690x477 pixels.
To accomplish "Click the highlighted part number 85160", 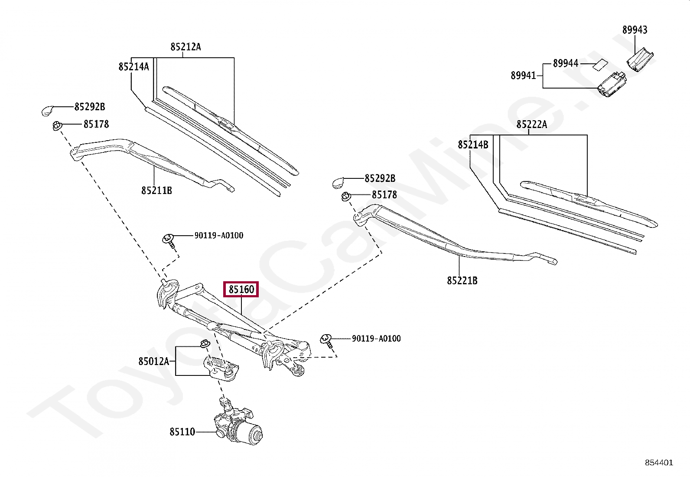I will coord(241,289).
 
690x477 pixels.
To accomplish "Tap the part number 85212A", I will coord(186,47).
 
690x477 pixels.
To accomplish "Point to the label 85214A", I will coord(133,66).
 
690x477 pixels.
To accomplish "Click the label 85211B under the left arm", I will coord(156,191).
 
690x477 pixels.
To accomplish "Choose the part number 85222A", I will coord(531,125).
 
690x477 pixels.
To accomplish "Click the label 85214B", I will coord(473,145).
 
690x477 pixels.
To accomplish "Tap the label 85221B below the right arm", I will coord(462,281).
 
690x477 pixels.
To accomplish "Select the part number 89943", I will coord(635,30).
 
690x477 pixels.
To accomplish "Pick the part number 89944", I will coord(565,63).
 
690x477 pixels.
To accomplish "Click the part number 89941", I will coord(523,76).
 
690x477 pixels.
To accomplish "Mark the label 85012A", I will coord(153,361).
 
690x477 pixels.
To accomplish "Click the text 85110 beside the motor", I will coord(182,432).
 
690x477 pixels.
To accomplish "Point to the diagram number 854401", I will coord(659,463).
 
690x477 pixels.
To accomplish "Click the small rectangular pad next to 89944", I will coord(600,64).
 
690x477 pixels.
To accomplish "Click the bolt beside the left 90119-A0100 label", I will coord(169,240).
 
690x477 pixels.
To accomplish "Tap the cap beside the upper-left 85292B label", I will coord(47,110).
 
